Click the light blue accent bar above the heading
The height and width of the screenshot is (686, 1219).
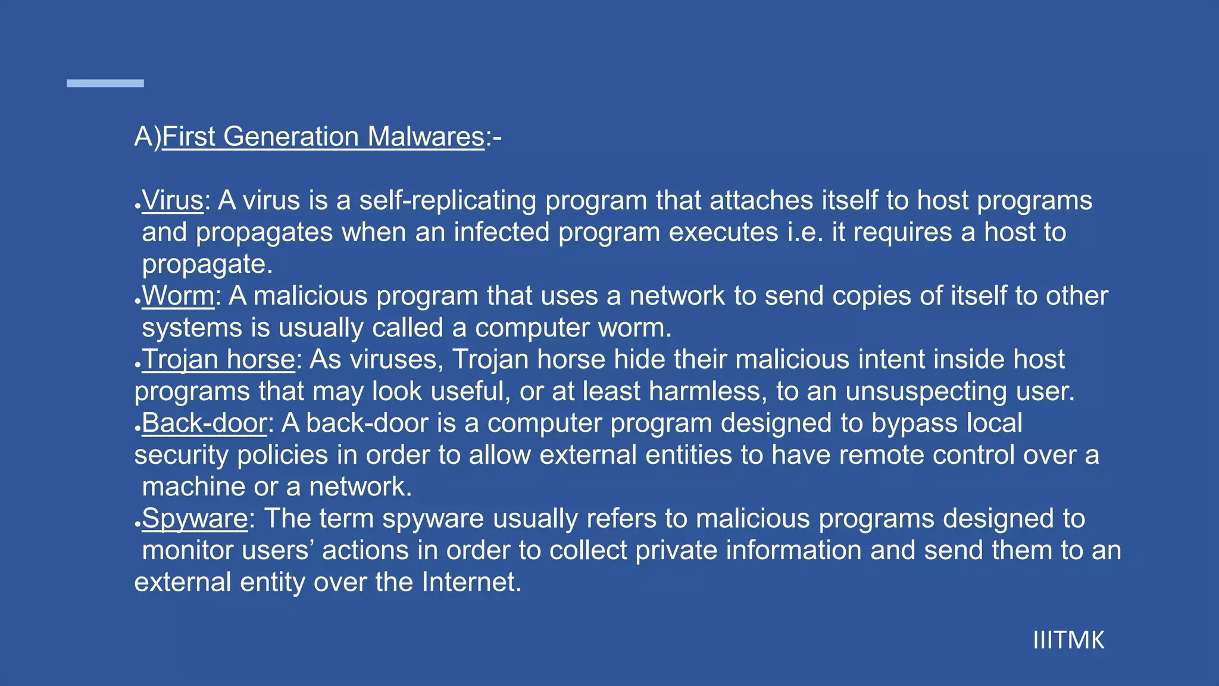pos(105,83)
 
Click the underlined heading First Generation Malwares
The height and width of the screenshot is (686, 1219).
pos(323,137)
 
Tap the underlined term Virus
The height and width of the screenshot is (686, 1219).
pos(173,201)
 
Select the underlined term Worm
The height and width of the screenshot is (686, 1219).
pos(178,296)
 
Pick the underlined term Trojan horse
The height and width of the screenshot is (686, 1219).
pos(218,360)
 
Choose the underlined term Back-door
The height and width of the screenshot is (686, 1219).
pos(204,423)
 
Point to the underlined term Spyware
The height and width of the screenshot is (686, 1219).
pos(195,519)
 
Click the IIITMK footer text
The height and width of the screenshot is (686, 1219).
pos(1068,641)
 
